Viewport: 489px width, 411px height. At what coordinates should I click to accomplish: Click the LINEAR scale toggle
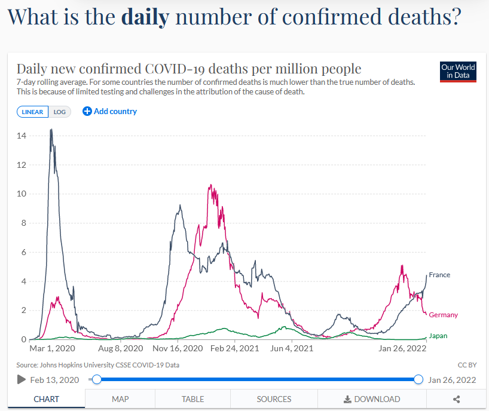pos(32,112)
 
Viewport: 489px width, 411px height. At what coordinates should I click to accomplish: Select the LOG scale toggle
pos(60,112)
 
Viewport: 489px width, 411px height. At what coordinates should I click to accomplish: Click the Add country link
pos(110,111)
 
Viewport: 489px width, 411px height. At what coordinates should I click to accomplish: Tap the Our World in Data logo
pos(458,71)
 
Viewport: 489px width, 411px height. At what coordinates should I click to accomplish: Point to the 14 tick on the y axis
pos(22,136)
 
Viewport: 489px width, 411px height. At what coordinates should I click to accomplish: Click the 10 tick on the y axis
pos(22,194)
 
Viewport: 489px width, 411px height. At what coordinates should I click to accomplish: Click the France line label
pos(439,275)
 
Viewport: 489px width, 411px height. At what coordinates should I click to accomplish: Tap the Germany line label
pos(443,315)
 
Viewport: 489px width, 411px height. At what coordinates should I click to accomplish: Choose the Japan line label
pos(438,336)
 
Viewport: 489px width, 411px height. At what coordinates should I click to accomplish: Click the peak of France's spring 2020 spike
pos(51,130)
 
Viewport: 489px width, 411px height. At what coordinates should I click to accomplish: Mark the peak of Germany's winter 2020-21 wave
pos(210,185)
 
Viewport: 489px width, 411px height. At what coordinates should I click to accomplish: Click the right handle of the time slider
pos(418,379)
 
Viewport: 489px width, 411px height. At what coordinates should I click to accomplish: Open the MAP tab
pos(120,399)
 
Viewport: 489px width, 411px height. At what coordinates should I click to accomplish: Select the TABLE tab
pos(193,399)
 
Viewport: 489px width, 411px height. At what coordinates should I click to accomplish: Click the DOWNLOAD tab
pos(372,399)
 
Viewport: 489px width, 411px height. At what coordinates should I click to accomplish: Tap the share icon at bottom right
pos(457,399)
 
